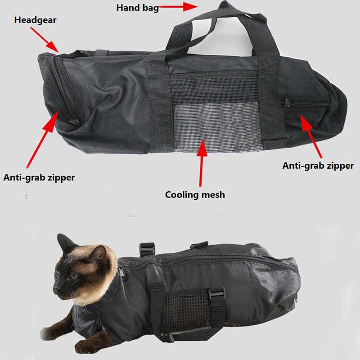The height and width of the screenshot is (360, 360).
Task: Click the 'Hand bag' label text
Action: click(137, 8)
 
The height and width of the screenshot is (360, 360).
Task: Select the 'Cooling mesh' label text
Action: click(195, 195)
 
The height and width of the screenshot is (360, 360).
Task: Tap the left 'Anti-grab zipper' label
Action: click(39, 178)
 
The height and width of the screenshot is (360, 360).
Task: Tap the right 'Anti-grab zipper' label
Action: click(318, 166)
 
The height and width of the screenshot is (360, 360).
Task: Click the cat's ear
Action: click(66, 243)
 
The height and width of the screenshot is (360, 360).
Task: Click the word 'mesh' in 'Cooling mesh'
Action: click(212, 195)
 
